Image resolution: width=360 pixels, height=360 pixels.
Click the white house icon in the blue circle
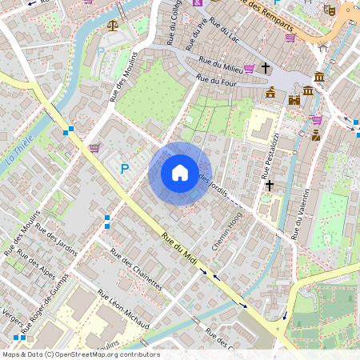[180, 173]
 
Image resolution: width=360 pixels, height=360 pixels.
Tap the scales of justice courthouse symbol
[112, 26]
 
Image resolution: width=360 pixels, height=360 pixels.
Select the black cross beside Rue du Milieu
[266, 69]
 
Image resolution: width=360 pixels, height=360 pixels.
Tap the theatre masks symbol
[328, 10]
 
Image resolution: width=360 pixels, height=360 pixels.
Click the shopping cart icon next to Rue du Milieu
[249, 69]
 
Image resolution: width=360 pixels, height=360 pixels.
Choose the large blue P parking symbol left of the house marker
[124, 168]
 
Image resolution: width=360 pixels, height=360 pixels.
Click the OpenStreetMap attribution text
[81, 354]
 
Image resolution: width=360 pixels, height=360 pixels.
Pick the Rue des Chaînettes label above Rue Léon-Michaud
[136, 270]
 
